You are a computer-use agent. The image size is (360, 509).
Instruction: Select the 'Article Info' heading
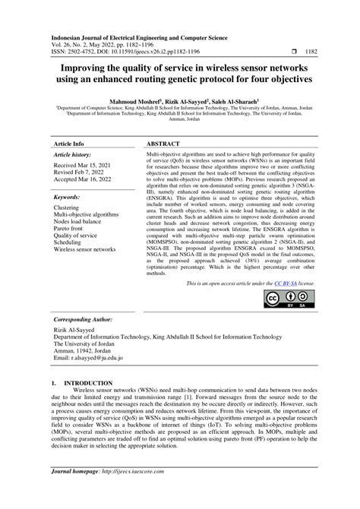click(x=68, y=143)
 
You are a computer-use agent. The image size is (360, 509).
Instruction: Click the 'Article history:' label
click(x=75, y=155)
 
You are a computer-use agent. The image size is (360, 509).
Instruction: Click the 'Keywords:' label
click(x=68, y=196)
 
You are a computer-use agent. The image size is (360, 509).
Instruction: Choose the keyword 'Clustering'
click(x=69, y=207)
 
